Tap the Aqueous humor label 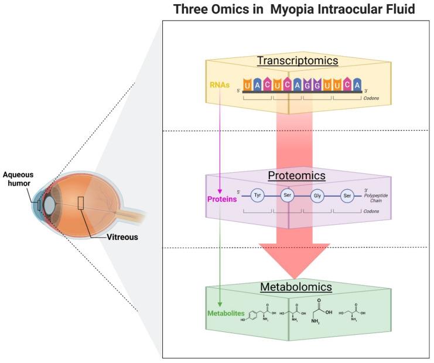click(18, 178)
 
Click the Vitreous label click(110, 238)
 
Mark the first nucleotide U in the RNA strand click(248, 85)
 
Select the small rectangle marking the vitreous click(80, 203)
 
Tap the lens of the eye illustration click(50, 205)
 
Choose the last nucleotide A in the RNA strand click(356, 85)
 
